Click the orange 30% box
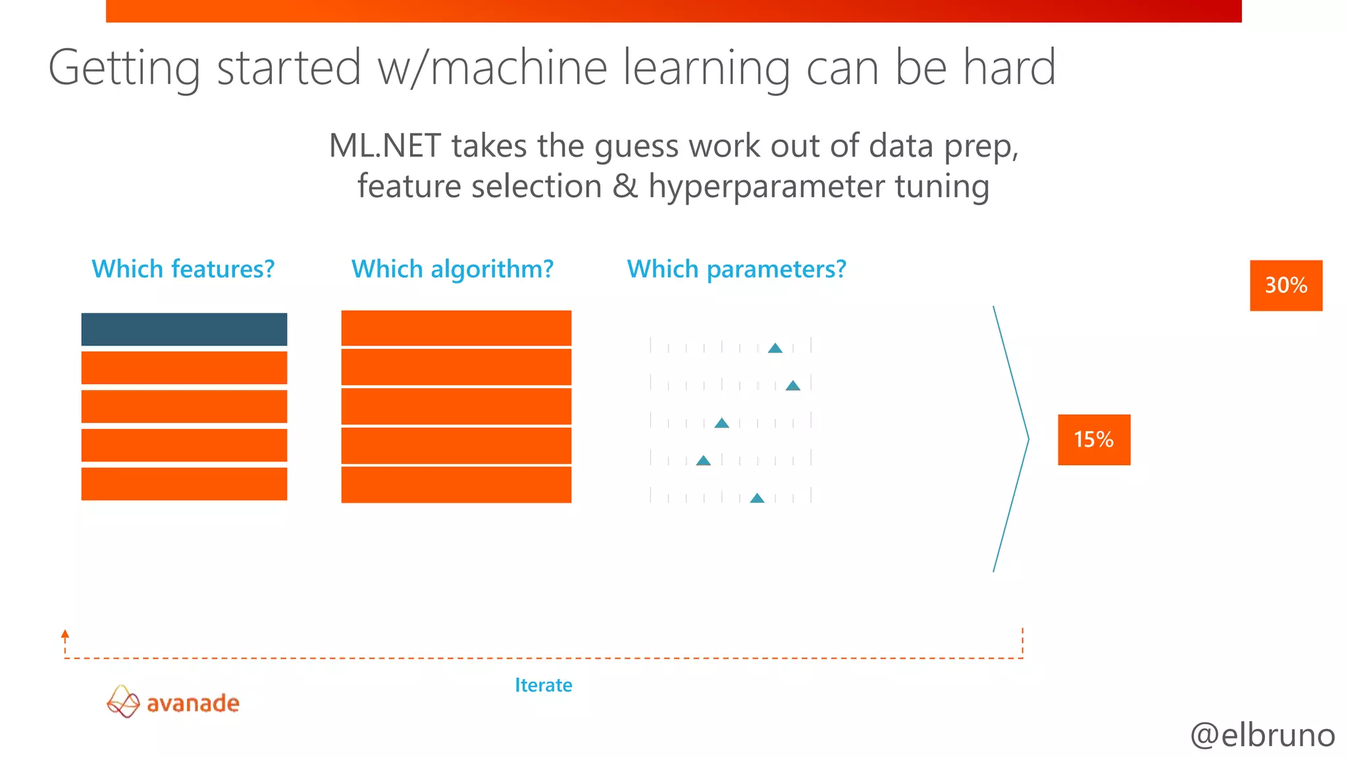tap(1285, 286)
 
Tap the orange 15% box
tap(1093, 440)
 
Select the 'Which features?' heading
tap(183, 269)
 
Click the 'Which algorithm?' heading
tap(452, 269)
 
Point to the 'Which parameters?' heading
tap(736, 269)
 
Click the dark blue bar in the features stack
tap(184, 329)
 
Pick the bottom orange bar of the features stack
tap(184, 484)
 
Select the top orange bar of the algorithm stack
tap(455, 328)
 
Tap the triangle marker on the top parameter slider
tap(775, 348)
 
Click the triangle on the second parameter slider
tap(793, 386)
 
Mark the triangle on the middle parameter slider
tap(721, 423)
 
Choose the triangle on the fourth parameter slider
tap(704, 461)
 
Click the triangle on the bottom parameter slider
tap(758, 498)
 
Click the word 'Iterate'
tap(543, 685)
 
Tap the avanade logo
tap(173, 702)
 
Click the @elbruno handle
tap(1262, 735)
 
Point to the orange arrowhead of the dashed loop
tap(65, 634)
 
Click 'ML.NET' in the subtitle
tap(384, 145)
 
